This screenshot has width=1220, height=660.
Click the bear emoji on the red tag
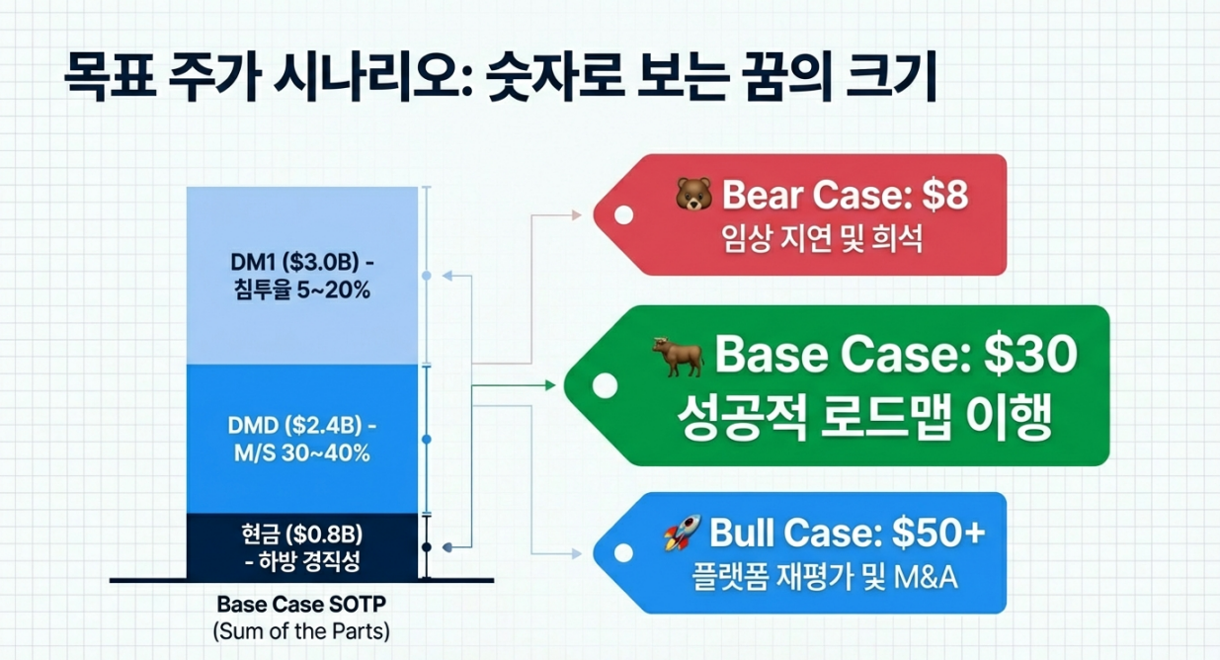point(693,196)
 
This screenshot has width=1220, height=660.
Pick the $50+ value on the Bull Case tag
point(937,535)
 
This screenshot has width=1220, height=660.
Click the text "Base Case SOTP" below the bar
point(301,605)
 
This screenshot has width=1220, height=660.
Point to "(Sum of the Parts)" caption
point(301,631)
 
